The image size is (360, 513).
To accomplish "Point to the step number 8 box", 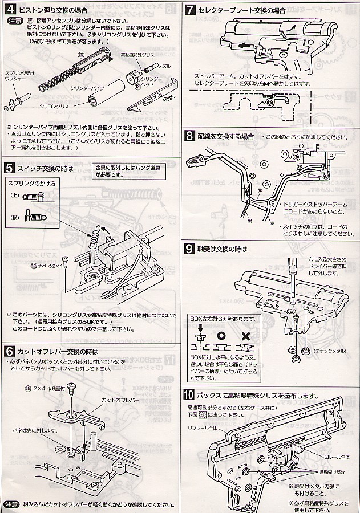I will coord(191,136).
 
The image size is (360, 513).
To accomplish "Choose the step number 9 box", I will coord(191,249).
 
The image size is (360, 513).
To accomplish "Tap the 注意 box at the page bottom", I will coord(11,505).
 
